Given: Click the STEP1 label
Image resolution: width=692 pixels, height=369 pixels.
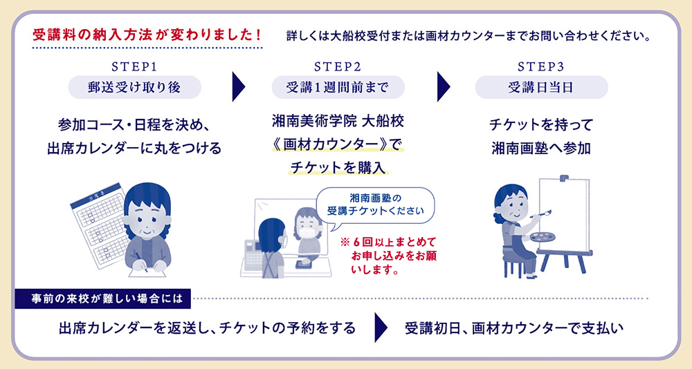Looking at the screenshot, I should pos(135,67).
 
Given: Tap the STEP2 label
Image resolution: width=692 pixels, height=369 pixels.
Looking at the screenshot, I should pos(338,67).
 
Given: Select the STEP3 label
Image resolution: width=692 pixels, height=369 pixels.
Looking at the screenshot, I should pos(541,67).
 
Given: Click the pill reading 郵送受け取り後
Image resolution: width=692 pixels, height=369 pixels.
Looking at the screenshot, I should pos(135,88).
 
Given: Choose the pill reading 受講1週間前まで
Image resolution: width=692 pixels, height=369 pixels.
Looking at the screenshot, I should pos(338,88).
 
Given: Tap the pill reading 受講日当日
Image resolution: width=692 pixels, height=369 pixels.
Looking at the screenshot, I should pos(541,88).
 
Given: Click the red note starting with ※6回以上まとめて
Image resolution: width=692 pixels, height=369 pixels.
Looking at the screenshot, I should pos(390,256).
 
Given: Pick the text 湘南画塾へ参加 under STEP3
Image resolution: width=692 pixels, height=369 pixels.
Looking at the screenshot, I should pos(541,148).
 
